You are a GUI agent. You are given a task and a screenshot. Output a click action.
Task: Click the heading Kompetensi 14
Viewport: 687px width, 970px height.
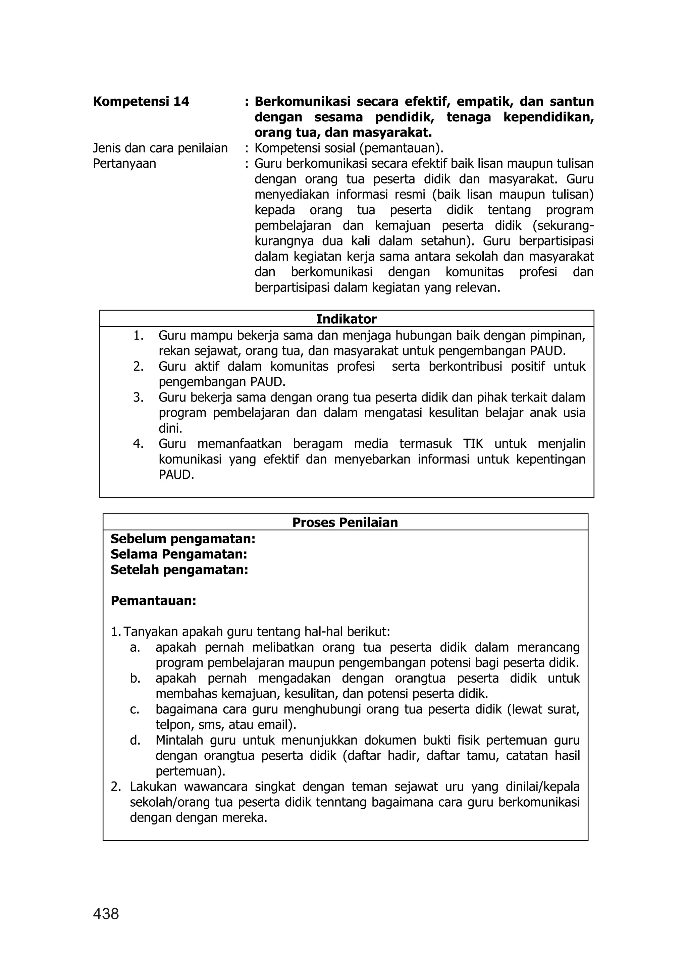point(141,102)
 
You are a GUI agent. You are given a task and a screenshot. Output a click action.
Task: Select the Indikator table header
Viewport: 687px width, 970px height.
point(346,319)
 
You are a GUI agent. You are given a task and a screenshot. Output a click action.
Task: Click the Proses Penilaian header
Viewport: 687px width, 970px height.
point(345,523)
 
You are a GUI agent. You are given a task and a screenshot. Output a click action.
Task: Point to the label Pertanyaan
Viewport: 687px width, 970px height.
point(124,164)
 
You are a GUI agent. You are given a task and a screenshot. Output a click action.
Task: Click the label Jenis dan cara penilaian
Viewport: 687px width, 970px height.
point(160,148)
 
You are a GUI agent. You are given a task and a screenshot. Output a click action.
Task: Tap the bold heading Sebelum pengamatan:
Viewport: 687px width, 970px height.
point(183,539)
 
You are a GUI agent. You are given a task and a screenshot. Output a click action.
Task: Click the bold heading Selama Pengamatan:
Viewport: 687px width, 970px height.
point(178,554)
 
